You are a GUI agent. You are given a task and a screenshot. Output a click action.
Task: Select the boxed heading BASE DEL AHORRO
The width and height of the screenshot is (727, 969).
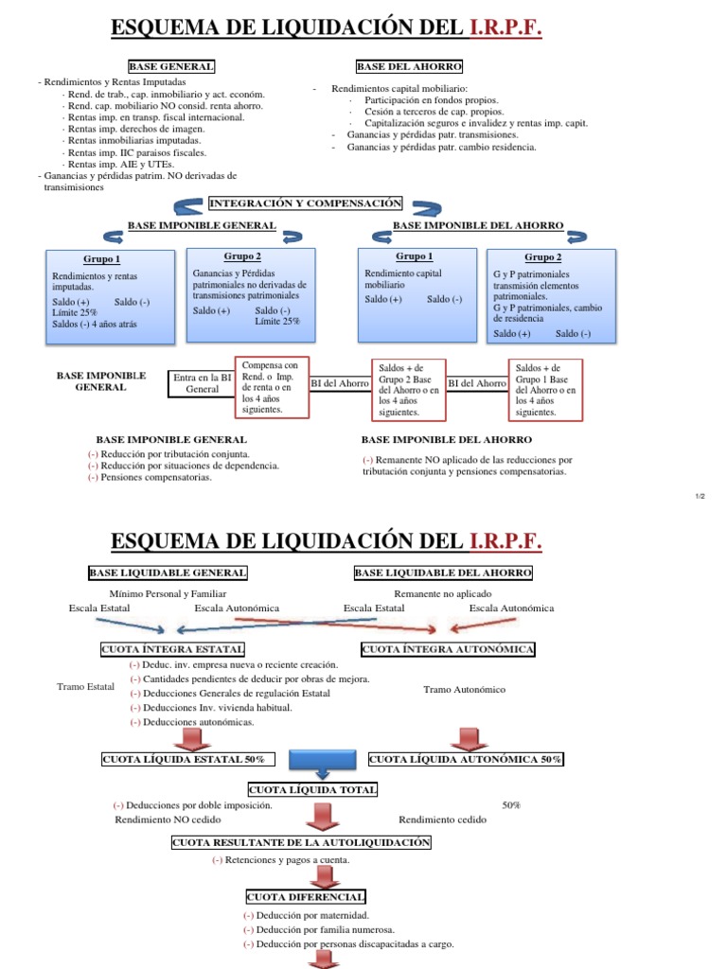pyautogui.click(x=409, y=66)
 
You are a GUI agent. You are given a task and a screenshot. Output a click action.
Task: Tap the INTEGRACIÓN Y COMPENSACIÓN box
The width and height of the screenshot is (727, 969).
pyautogui.click(x=306, y=203)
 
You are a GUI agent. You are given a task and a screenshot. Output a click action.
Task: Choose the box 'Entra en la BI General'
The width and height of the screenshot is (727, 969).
pyautogui.click(x=202, y=382)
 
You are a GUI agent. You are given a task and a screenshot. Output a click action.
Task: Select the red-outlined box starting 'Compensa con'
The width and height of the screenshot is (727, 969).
pyautogui.click(x=271, y=387)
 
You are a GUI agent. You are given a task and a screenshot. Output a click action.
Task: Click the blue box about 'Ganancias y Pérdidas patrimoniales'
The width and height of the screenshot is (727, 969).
pyautogui.click(x=250, y=294)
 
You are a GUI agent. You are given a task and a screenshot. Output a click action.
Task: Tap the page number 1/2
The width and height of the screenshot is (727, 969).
pyautogui.click(x=699, y=496)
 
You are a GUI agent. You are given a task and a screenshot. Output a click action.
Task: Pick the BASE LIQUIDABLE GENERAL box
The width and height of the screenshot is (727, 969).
pyautogui.click(x=168, y=573)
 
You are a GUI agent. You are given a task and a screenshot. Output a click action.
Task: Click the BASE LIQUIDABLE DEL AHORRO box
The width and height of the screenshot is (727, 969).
pyautogui.click(x=443, y=573)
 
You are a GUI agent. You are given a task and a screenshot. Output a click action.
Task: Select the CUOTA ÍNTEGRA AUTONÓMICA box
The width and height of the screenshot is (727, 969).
pyautogui.click(x=448, y=649)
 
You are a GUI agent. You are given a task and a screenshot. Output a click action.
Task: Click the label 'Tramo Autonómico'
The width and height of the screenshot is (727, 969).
pyautogui.click(x=464, y=690)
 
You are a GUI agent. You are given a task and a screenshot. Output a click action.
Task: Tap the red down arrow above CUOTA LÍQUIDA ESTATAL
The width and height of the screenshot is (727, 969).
pyautogui.click(x=193, y=737)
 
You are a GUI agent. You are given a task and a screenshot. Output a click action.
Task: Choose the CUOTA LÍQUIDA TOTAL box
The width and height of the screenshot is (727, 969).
pyautogui.click(x=312, y=789)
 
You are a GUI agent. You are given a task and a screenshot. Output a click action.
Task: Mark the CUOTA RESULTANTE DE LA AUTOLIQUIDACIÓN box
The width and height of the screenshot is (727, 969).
pyautogui.click(x=301, y=842)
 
